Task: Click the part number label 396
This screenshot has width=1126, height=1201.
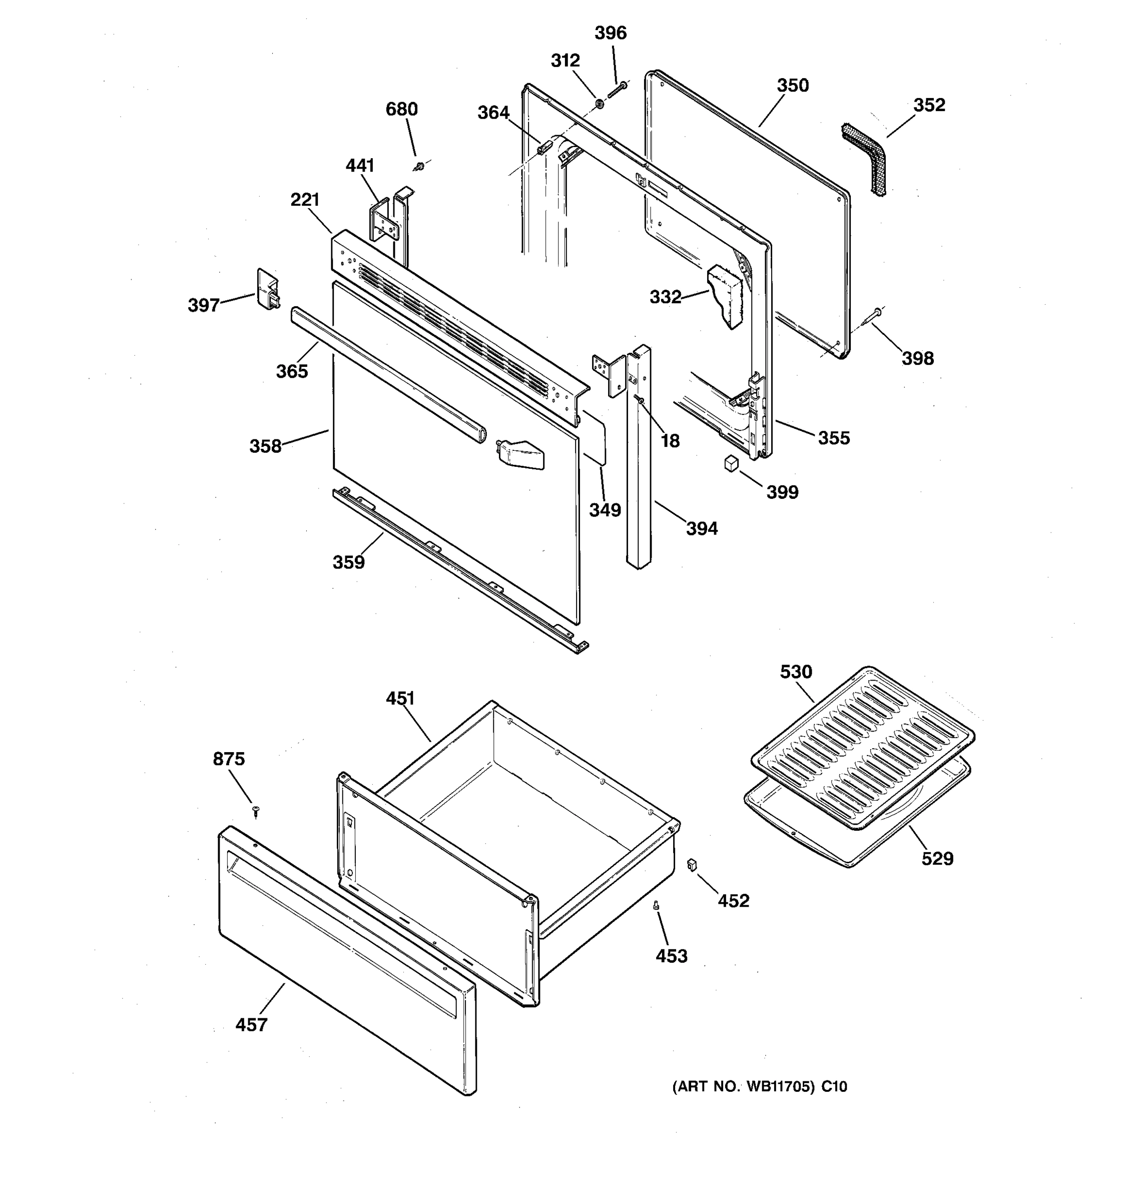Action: click(x=610, y=33)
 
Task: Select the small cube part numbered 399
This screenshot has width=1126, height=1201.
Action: click(x=732, y=463)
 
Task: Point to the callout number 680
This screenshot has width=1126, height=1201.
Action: click(x=402, y=110)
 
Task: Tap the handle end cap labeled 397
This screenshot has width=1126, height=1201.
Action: click(x=268, y=289)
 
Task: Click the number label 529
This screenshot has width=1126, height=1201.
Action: click(x=937, y=858)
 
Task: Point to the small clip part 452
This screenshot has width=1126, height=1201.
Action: click(x=692, y=865)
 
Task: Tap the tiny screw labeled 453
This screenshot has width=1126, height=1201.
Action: click(x=657, y=906)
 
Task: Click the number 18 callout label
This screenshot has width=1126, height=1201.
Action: click(x=670, y=441)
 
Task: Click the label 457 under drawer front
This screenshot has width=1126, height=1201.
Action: click(x=251, y=1024)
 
